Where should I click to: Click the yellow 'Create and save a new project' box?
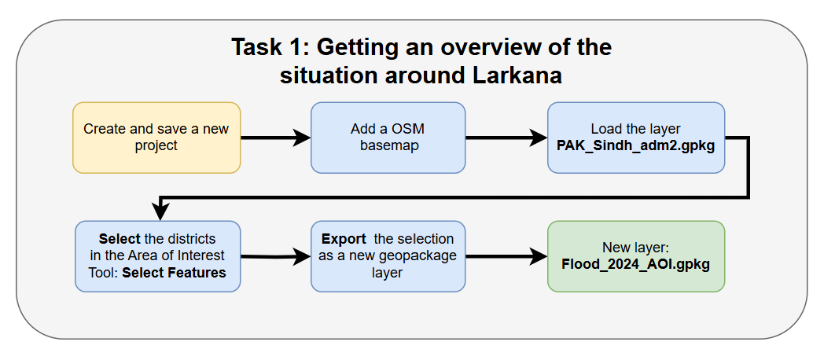pos(156,137)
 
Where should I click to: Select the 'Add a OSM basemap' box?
pos(388,137)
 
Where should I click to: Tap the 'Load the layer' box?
pos(635,137)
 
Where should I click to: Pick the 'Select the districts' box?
pos(157,256)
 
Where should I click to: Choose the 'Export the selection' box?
pos(388,256)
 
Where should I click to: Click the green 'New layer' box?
pos(635,256)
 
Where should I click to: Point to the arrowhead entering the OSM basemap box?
pos(303,138)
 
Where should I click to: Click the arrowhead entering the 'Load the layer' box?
pos(539,138)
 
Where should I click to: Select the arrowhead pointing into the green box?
pos(539,257)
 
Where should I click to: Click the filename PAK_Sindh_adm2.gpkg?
pos(635,145)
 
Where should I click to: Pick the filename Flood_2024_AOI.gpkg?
pos(635,264)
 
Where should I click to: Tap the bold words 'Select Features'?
pos(174,273)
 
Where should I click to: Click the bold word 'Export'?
pos(344,239)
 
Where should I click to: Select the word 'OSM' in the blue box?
pos(409,129)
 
